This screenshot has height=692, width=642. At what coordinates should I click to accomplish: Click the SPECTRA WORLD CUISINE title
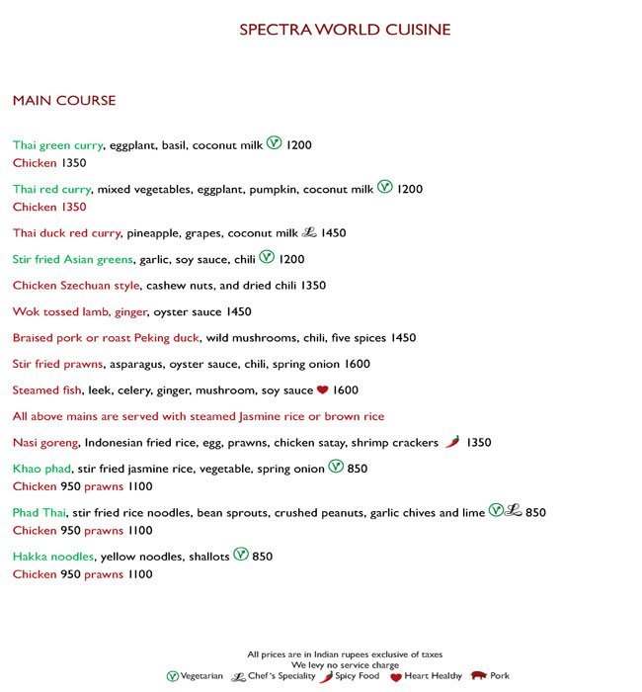tap(345, 31)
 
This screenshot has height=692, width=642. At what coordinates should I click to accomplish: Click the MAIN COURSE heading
tap(64, 101)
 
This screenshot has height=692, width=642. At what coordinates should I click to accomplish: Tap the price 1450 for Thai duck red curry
tap(333, 233)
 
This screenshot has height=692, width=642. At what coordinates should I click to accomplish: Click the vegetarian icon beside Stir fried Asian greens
tap(267, 258)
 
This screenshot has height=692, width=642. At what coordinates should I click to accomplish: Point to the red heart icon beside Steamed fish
tap(322, 390)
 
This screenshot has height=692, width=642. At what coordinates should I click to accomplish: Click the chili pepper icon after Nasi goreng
tap(451, 442)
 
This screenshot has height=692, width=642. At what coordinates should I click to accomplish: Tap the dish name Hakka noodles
tap(53, 557)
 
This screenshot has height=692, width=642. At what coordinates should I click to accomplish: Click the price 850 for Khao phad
tap(357, 469)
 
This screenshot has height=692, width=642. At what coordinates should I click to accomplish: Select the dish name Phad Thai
tap(40, 513)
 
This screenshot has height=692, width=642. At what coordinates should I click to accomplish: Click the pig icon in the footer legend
tap(479, 676)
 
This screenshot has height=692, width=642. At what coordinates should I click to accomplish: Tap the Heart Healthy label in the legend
tap(434, 676)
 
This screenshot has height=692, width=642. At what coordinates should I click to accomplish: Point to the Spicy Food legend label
tap(358, 676)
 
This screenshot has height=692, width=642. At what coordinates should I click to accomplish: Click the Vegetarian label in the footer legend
tap(203, 676)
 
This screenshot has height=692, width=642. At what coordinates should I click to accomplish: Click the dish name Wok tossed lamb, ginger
tap(80, 312)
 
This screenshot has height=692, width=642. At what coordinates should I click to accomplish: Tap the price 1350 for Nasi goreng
tap(478, 443)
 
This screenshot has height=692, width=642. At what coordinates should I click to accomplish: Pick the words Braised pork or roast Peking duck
tap(107, 338)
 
